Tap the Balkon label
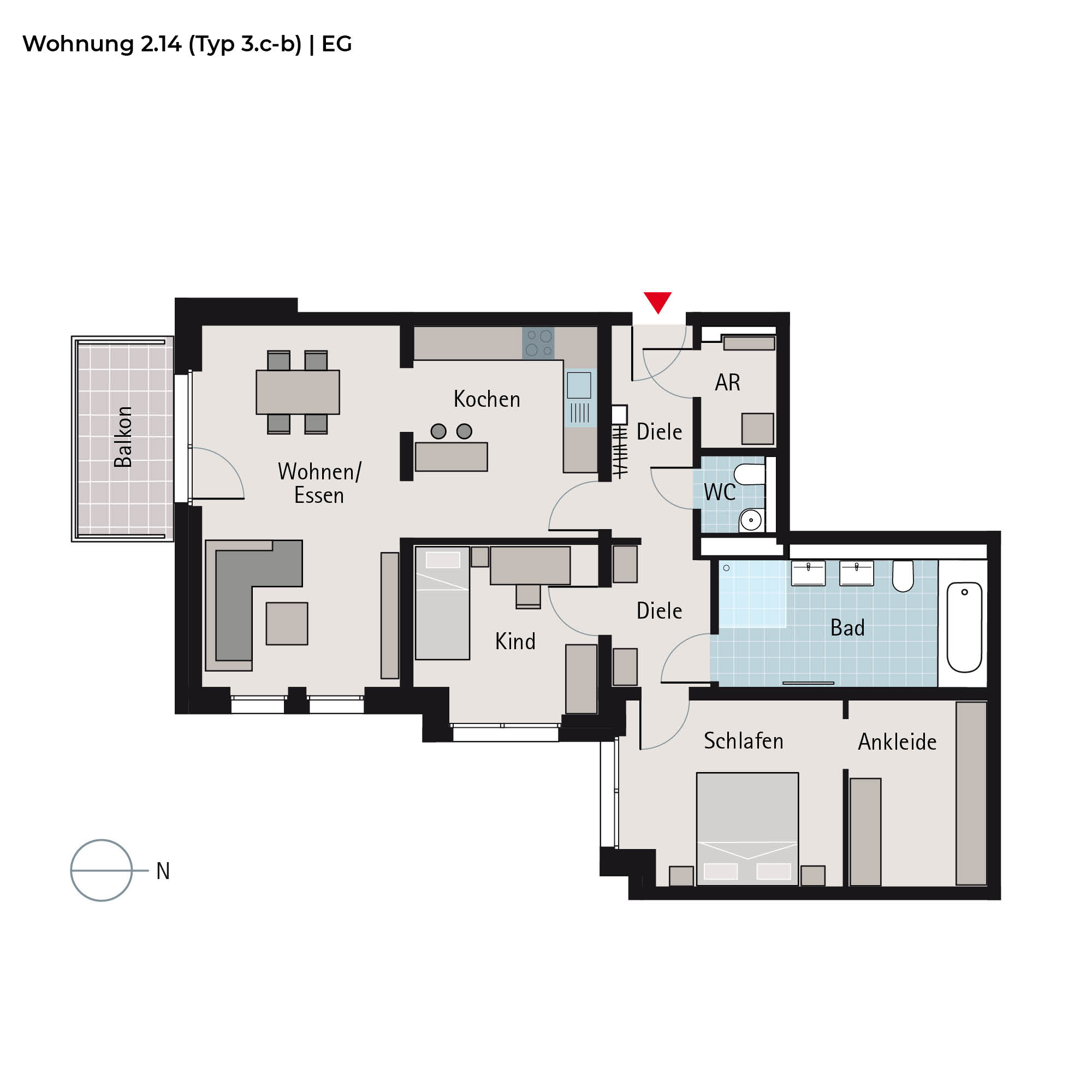[123, 437]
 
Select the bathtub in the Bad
[964, 627]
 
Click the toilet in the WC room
[750, 475]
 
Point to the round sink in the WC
[751, 520]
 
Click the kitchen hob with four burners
[538, 343]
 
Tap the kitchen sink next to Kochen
[580, 398]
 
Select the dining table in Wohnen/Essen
[298, 392]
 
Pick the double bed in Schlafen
[747, 829]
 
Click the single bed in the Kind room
[443, 603]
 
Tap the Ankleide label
[897, 742]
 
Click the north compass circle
[101, 870]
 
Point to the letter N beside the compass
[163, 871]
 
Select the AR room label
[727, 383]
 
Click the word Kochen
[486, 399]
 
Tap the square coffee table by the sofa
[287, 624]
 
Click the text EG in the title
[337, 44]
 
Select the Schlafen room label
[743, 741]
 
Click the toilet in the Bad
[903, 576]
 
